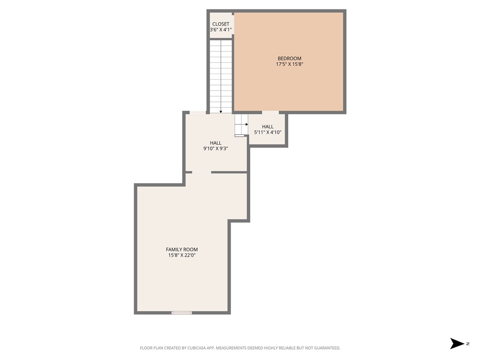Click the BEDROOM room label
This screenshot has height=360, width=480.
tap(289, 59)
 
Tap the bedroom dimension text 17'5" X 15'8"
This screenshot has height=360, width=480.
tap(289, 65)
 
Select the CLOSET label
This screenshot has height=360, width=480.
tap(221, 24)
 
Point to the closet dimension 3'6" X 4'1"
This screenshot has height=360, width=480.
tap(221, 30)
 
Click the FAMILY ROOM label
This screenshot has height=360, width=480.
tap(182, 249)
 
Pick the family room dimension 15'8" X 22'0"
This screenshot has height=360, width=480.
tap(182, 255)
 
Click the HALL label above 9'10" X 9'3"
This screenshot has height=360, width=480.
tap(216, 143)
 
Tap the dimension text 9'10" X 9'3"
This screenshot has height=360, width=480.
tap(216, 149)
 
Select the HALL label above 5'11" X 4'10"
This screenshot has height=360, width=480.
tap(268, 127)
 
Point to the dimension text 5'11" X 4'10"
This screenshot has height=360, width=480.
tap(268, 133)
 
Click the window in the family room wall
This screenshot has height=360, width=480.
tap(181, 313)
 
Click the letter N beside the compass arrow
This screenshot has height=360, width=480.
tap(468, 344)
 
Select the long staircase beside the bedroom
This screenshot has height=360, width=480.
tap(221, 75)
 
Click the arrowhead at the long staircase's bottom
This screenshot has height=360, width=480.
tap(221, 112)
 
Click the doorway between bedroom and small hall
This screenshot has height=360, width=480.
tap(270, 112)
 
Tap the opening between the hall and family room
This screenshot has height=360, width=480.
tap(202, 172)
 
